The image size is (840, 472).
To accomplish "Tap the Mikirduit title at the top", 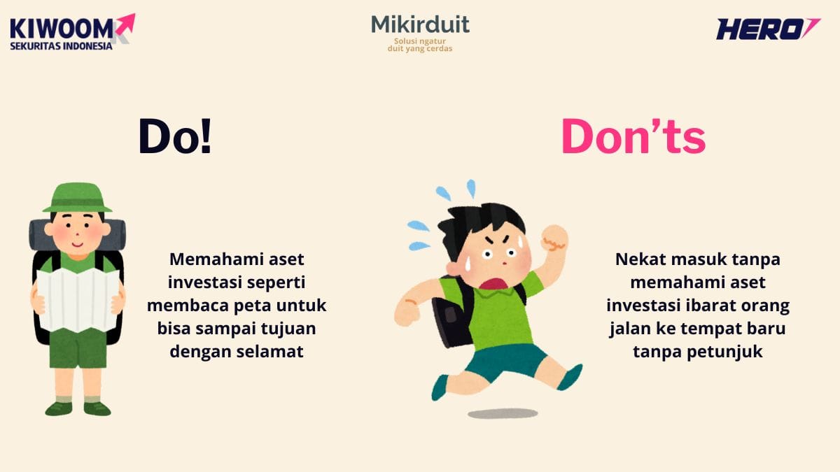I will coord(420,25).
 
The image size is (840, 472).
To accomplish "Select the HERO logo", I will coord(767,29).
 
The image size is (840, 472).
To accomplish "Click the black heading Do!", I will coord(174,136).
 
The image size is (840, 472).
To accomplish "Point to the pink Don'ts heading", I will coord(633,136).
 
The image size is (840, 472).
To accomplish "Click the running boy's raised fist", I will coord(554,238).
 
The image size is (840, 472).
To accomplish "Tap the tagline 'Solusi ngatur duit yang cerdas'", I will coord(420,45).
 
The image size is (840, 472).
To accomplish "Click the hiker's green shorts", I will coord(78,348).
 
